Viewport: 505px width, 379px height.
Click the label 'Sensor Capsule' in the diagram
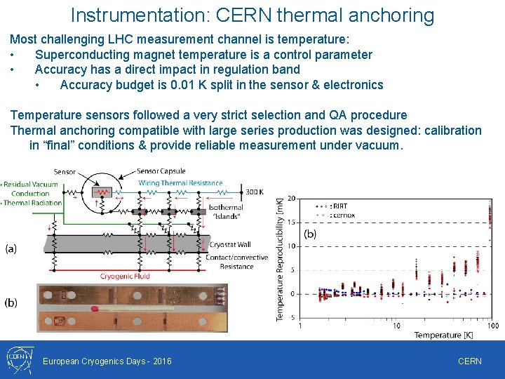click(162, 171)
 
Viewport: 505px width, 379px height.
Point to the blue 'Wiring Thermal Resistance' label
click(180, 183)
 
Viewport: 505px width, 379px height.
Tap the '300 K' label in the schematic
click(255, 192)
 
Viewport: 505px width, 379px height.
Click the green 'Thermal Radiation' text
click(34, 203)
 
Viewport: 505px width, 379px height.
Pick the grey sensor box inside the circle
click(103, 191)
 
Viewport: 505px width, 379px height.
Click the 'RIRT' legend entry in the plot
click(339, 206)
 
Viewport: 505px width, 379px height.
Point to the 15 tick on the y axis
click(291, 222)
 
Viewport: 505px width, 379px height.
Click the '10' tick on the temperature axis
click(396, 326)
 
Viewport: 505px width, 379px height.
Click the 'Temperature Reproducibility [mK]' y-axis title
click(280, 258)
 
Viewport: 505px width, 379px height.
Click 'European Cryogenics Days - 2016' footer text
click(107, 361)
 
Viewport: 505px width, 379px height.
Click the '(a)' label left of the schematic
click(11, 248)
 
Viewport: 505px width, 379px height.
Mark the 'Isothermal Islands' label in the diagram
click(226, 211)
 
